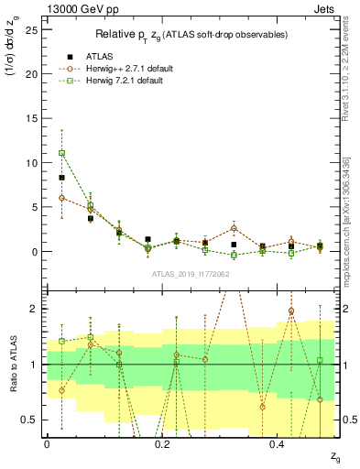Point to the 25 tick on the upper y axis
[33, 29]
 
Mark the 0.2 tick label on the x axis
[162, 444]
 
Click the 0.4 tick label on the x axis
[278, 444]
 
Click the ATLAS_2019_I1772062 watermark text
[191, 274]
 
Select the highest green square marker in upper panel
[61, 153]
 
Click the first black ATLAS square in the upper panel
[61, 178]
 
